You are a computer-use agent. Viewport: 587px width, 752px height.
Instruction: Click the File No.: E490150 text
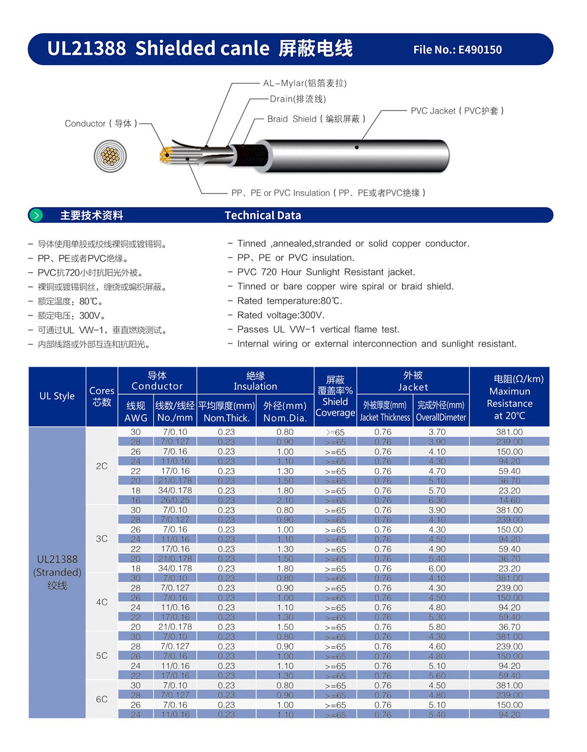[x=457, y=50]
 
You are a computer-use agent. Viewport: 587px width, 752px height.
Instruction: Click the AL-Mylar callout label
[x=305, y=83]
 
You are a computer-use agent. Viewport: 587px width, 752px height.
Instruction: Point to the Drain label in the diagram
[x=298, y=99]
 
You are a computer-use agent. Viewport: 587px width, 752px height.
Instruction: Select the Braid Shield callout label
[x=316, y=119]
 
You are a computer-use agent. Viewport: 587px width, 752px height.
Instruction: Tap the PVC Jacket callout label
[x=457, y=111]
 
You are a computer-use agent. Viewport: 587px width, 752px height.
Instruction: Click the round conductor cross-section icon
[x=110, y=156]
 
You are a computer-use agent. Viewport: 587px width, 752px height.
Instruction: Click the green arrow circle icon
[x=36, y=215]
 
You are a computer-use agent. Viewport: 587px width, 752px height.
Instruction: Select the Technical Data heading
[x=263, y=215]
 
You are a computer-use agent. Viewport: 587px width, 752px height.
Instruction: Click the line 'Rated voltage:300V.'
[x=281, y=315]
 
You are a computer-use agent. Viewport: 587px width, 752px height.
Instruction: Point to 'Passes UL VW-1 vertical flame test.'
[x=318, y=329]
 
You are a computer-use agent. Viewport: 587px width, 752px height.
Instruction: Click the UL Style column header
[x=57, y=396]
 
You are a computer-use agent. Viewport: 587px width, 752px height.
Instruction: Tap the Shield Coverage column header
[x=335, y=396]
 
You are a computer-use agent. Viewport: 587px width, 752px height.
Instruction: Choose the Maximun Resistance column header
[x=510, y=397]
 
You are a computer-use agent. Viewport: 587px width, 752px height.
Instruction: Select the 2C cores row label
[x=102, y=466]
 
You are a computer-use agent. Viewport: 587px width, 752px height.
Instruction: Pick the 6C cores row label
[x=102, y=699]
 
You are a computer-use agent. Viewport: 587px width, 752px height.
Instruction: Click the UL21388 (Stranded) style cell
[x=57, y=572]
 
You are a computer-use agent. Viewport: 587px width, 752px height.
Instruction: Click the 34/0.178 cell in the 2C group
[x=175, y=491]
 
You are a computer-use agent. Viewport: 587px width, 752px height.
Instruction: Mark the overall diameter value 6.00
[x=437, y=568]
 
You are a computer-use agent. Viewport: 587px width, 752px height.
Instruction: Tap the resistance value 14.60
[x=509, y=500]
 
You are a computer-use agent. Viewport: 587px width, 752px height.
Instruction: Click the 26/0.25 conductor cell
[x=175, y=500]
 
